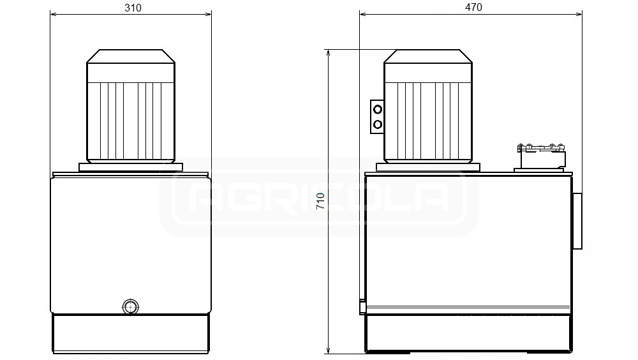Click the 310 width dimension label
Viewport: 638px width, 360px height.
[x=133, y=8]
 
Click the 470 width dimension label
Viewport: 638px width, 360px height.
[x=473, y=7]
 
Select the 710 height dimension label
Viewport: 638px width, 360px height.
[x=321, y=201]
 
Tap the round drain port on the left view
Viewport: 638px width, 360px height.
[x=131, y=306]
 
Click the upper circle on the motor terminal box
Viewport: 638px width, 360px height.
[x=378, y=110]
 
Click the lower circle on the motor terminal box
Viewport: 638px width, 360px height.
[x=378, y=124]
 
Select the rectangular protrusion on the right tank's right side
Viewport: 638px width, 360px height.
[x=577, y=221]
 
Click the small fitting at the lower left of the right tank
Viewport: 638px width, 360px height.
[x=362, y=307]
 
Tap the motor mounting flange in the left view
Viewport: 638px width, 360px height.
[x=131, y=167]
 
